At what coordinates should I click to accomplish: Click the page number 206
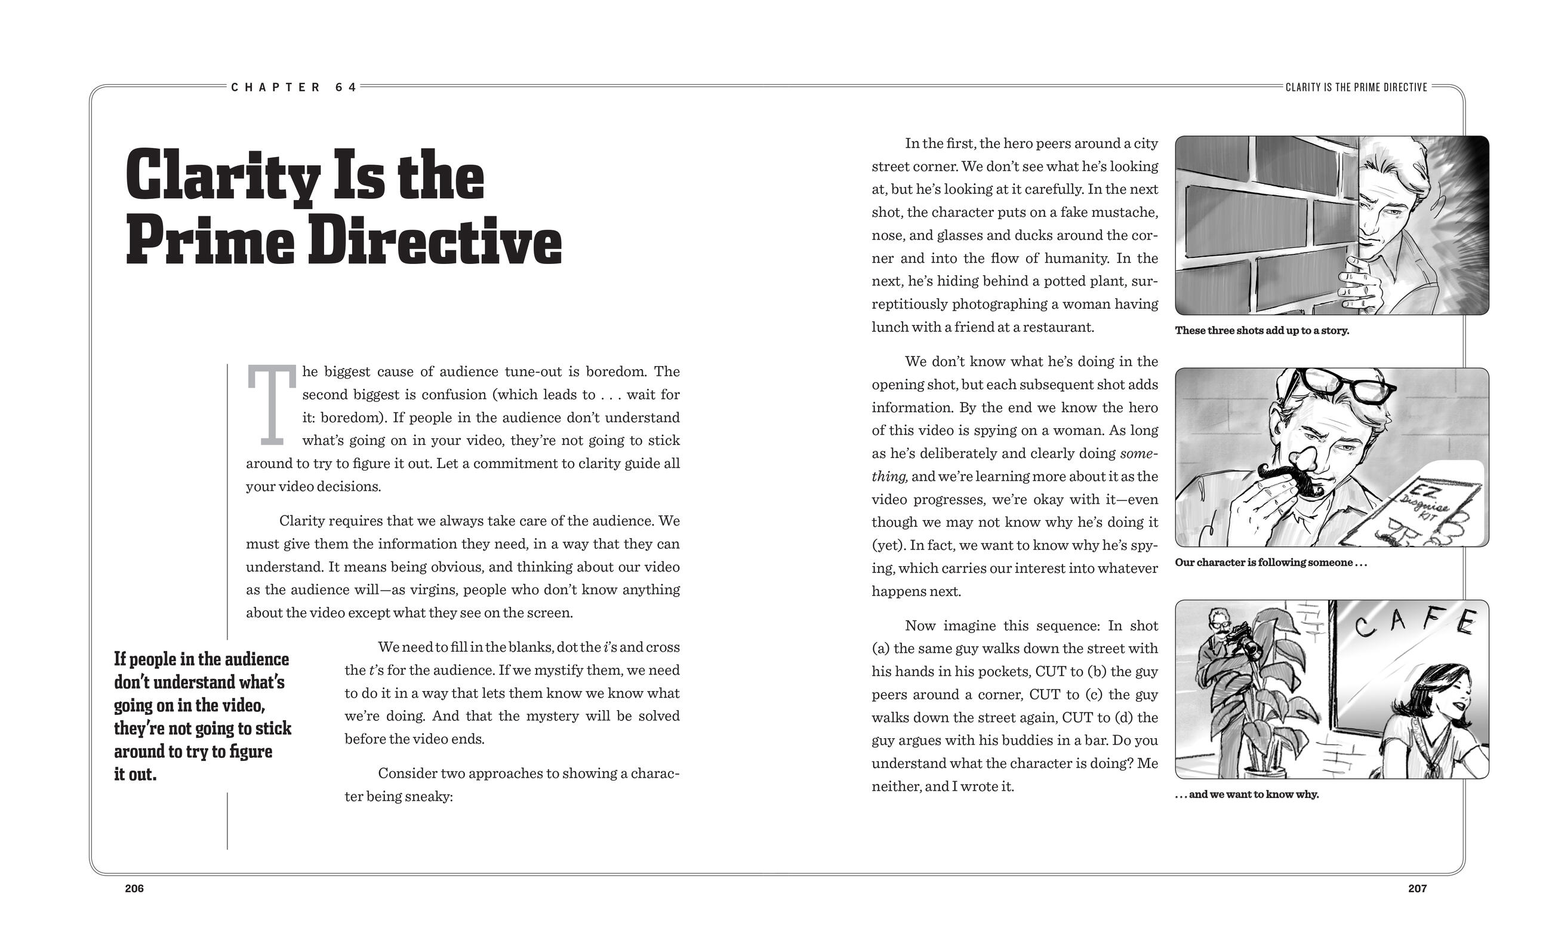click(134, 888)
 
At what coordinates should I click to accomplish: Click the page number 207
click(1417, 888)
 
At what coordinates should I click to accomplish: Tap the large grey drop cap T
click(271, 404)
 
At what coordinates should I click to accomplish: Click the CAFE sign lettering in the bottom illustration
click(1414, 624)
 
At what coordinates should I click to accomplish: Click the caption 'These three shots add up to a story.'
click(1262, 331)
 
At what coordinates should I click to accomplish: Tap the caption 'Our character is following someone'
click(1270, 563)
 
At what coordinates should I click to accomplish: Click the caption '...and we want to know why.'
click(1246, 794)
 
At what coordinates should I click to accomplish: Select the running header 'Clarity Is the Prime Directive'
click(1356, 88)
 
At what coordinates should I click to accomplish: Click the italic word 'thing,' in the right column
click(889, 477)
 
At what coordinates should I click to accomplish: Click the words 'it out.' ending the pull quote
click(136, 775)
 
